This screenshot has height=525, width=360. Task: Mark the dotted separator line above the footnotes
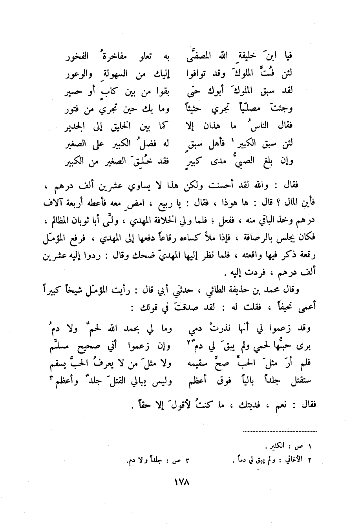[x=280, y=431]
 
